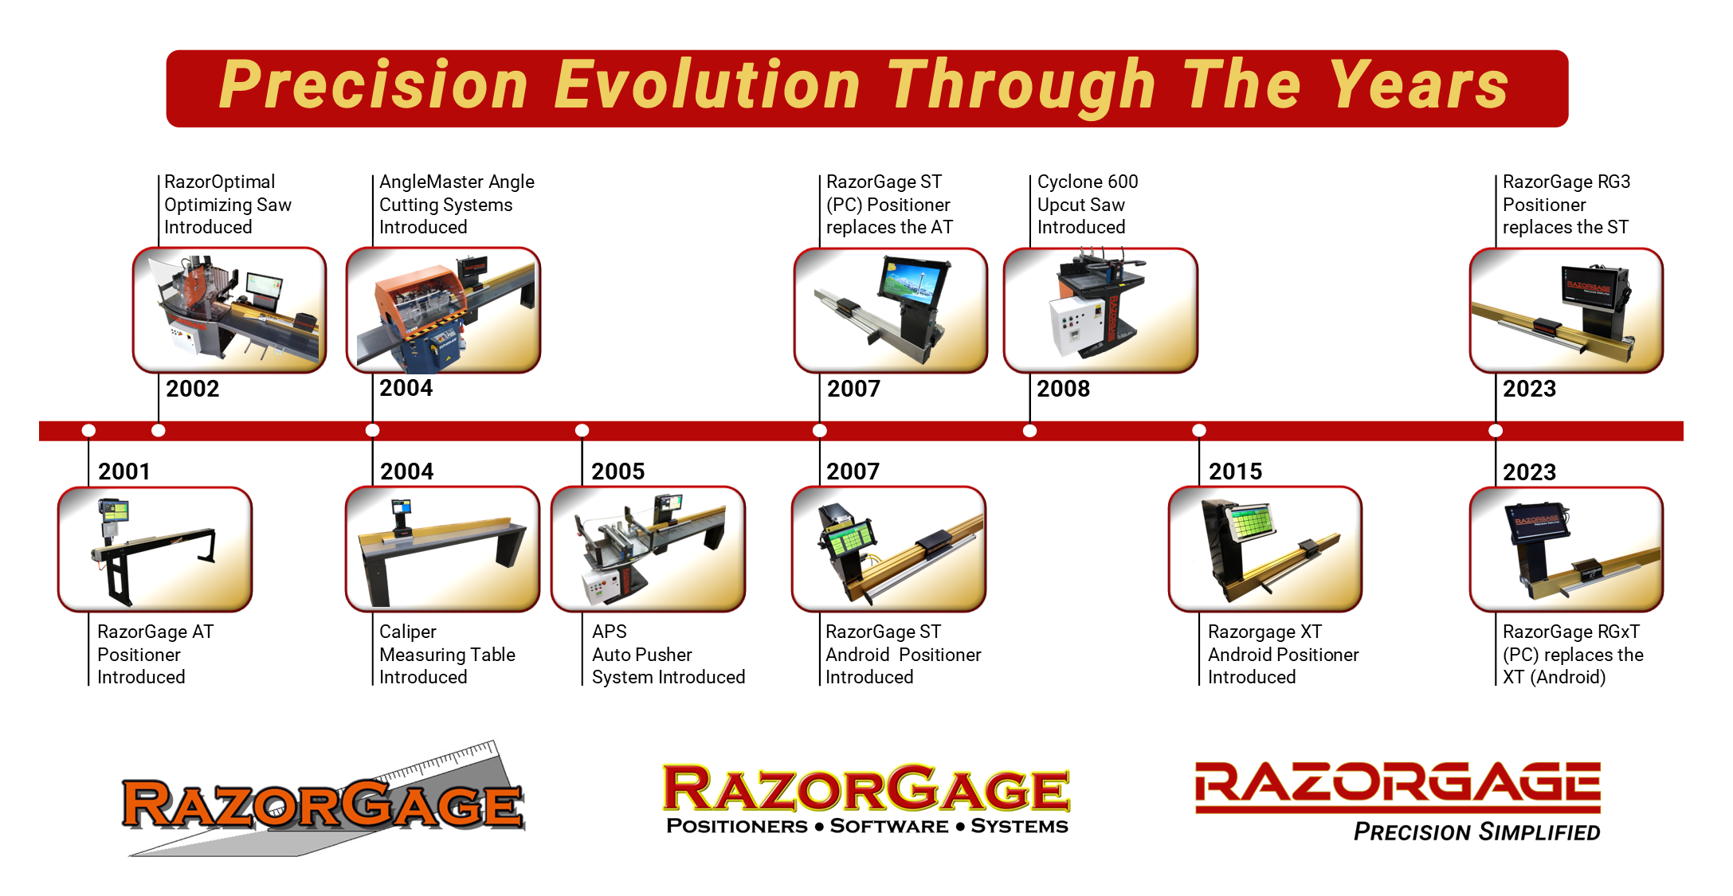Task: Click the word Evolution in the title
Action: point(707,85)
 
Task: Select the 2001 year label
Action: point(124,471)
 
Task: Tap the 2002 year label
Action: point(193,389)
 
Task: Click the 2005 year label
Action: point(618,471)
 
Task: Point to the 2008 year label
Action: point(1063,389)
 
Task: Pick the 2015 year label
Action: point(1235,471)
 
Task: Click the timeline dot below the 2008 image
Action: point(1029,431)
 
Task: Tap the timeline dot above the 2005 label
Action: point(582,431)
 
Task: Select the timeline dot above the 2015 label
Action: point(1199,431)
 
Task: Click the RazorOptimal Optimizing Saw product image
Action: point(229,310)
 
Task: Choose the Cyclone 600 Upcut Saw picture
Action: point(1100,310)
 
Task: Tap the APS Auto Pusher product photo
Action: point(649,549)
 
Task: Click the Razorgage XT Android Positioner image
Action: point(1265,549)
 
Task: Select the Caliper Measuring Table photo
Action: point(442,549)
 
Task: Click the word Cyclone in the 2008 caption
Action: point(1070,182)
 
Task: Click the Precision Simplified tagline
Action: point(1476,832)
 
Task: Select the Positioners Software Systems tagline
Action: point(867,826)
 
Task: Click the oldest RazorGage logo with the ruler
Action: point(323,800)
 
